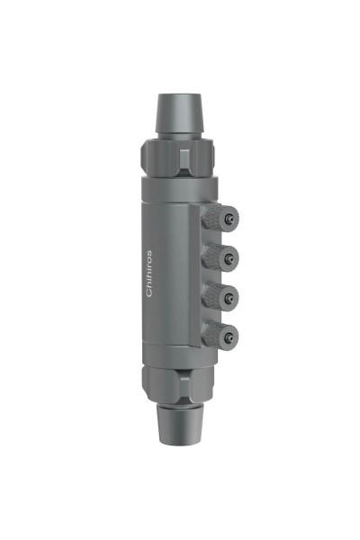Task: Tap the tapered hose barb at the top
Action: [x=180, y=112]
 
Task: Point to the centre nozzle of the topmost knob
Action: [x=231, y=218]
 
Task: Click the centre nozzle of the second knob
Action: [x=231, y=256]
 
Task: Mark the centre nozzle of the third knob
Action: [x=231, y=294]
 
